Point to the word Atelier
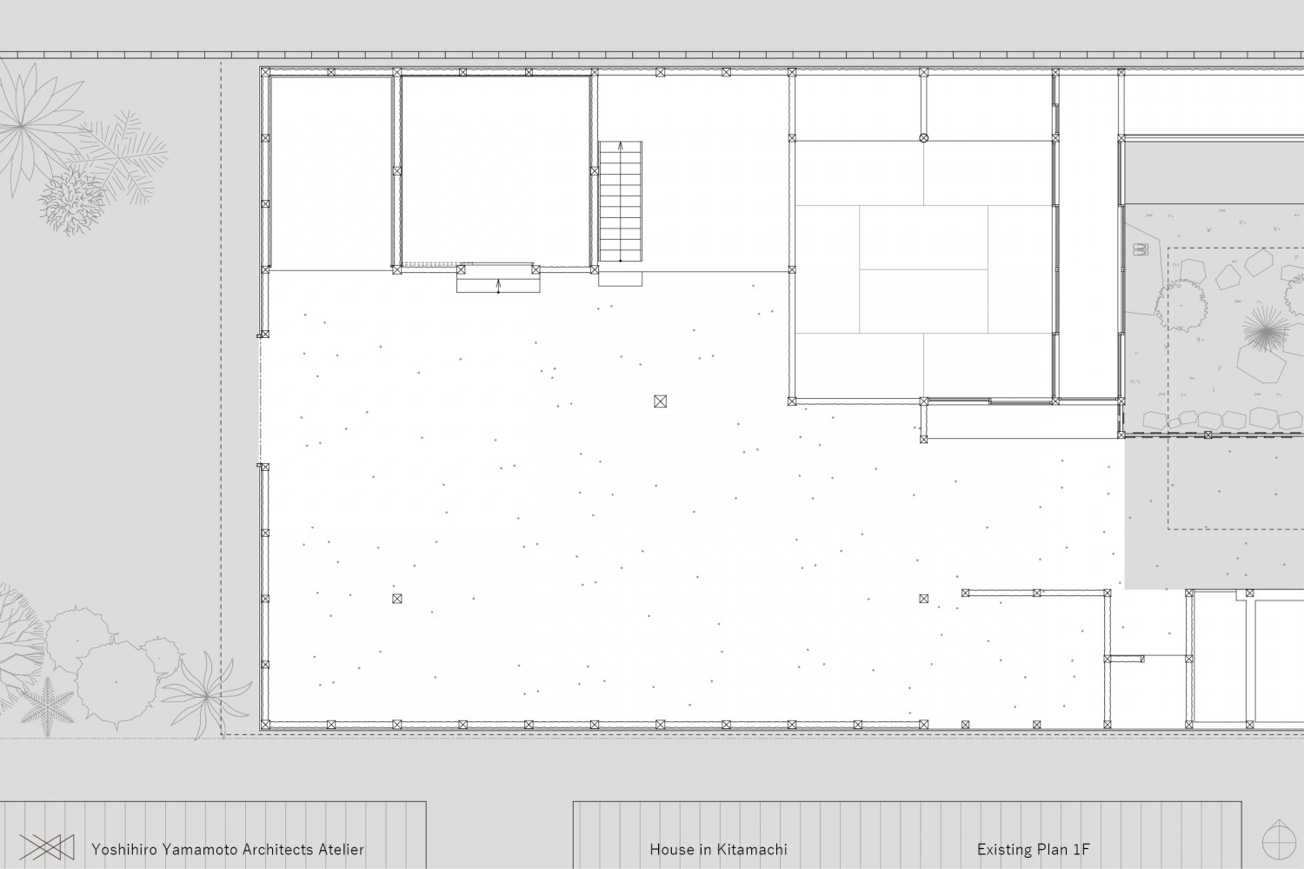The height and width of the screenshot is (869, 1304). (x=341, y=850)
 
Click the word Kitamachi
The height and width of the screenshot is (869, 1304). (x=752, y=850)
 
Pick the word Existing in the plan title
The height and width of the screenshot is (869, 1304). (x=1003, y=850)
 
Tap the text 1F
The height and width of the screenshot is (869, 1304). (x=1081, y=850)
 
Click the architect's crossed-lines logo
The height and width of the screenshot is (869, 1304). (x=47, y=847)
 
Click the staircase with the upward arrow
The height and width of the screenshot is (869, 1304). (x=621, y=202)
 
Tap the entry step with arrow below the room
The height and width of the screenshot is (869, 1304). (x=498, y=282)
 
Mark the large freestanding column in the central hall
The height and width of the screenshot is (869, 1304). (x=660, y=401)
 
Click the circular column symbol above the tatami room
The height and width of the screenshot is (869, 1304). (x=923, y=138)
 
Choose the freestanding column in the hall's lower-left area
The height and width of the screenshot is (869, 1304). (x=397, y=599)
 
